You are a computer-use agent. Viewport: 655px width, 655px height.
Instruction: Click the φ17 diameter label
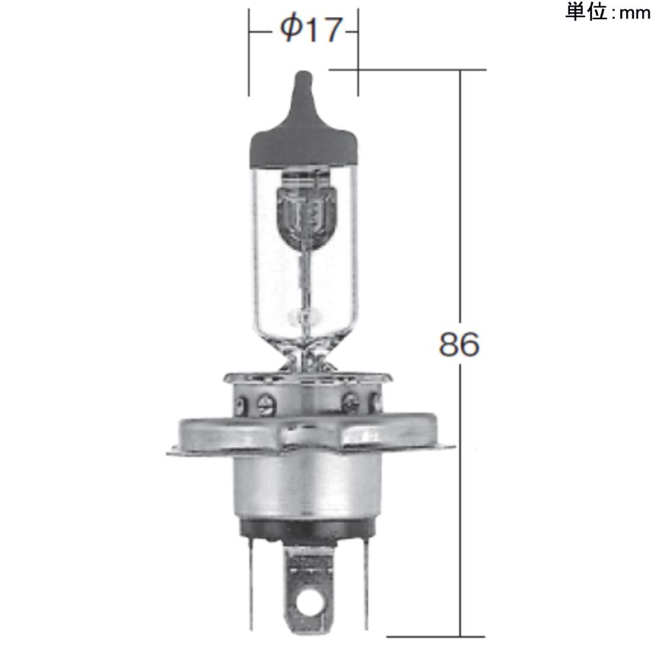(x=310, y=30)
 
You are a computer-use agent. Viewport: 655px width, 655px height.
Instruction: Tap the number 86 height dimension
(x=459, y=345)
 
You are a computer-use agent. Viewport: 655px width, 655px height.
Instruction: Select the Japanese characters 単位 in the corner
(x=586, y=12)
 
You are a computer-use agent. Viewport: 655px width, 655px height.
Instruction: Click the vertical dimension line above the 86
(x=461, y=196)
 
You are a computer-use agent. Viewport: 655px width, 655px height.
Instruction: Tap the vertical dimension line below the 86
(x=461, y=498)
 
